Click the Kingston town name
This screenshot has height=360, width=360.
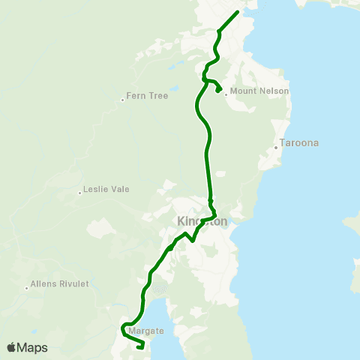coord(202,221)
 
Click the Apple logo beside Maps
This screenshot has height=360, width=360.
coord(11,347)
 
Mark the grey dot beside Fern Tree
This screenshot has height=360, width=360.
coord(123,100)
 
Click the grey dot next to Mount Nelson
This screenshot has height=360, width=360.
coord(226,94)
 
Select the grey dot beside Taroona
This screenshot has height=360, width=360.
coord(276,147)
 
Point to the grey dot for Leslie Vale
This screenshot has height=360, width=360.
coord(79,193)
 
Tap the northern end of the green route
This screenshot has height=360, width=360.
coord(238,12)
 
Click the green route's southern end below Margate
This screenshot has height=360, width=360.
coord(142,347)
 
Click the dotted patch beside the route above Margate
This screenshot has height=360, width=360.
coord(159,287)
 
